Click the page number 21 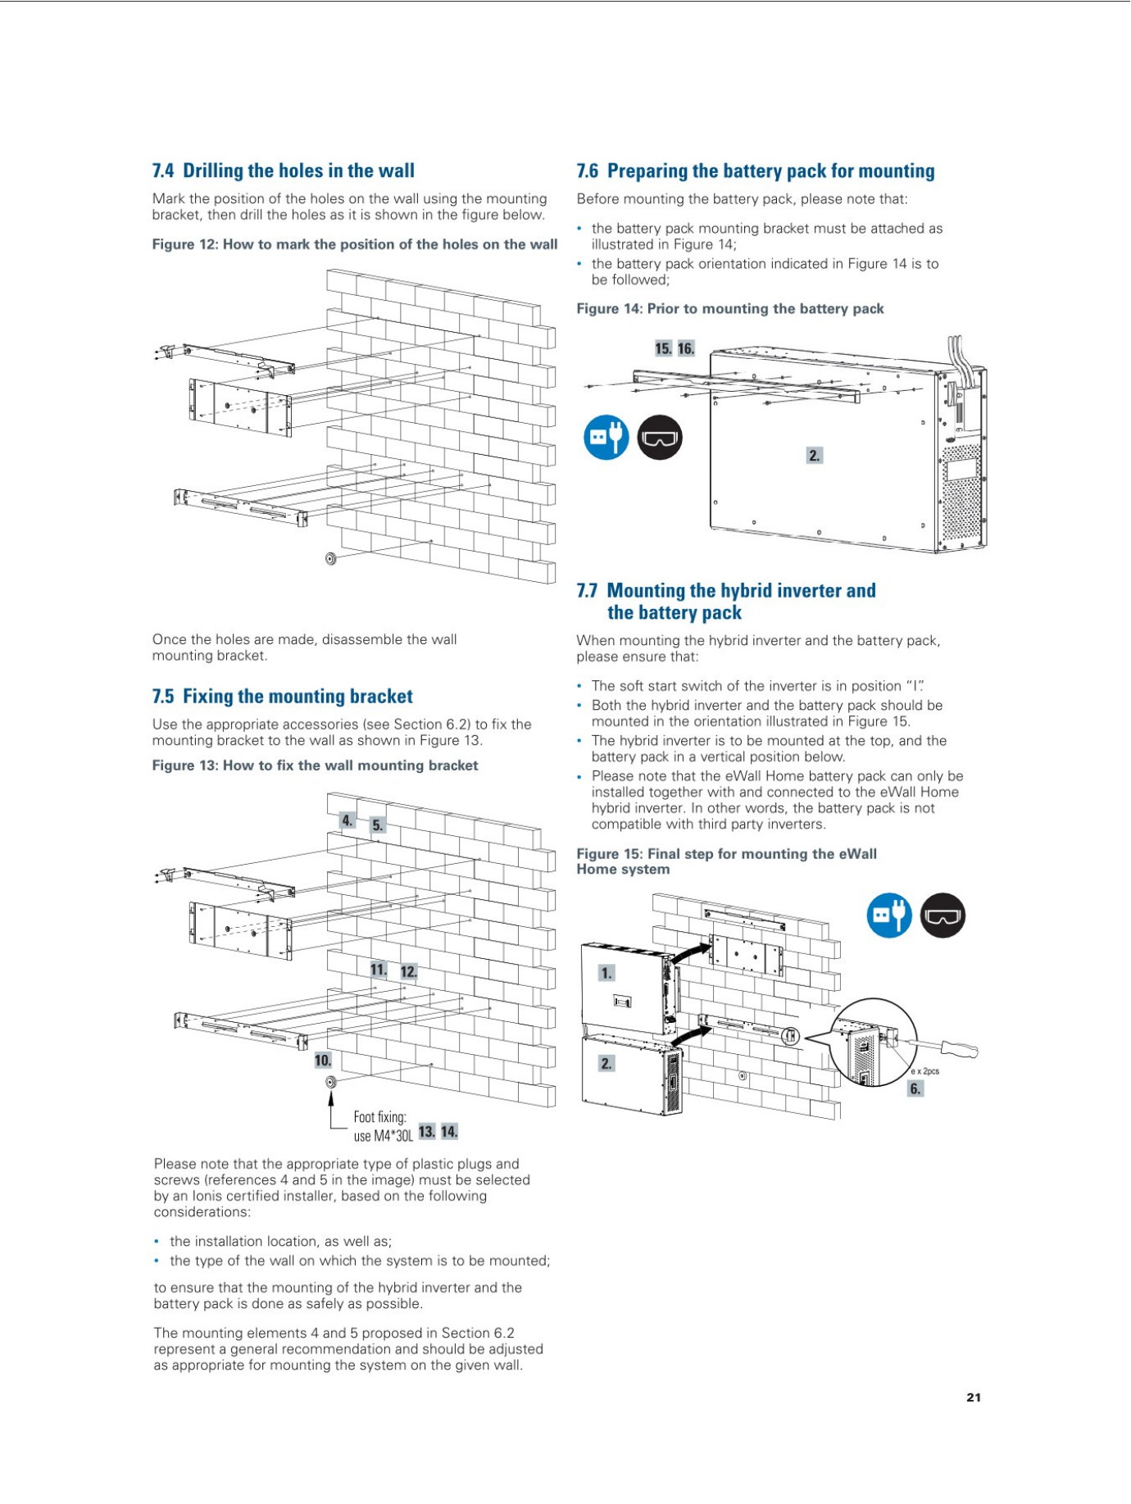pos(973,1397)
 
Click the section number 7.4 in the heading pos(163,170)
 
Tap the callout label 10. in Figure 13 pos(323,1060)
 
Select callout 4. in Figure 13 pos(347,820)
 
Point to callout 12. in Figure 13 pos(408,971)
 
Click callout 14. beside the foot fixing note pos(449,1132)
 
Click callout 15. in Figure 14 pos(663,348)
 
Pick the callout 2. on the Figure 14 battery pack pos(814,455)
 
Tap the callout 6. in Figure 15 pos(915,1088)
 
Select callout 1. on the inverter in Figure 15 pos(606,973)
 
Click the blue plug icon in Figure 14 pos(606,437)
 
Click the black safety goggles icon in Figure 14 pos(660,437)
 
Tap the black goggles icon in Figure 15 pos(942,915)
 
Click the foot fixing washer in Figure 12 pos(331,559)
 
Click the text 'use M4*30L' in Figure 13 pos(383,1135)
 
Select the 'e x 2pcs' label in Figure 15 pos(925,1071)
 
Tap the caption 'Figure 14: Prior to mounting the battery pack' pos(729,309)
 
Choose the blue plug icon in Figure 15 pos(889,915)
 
